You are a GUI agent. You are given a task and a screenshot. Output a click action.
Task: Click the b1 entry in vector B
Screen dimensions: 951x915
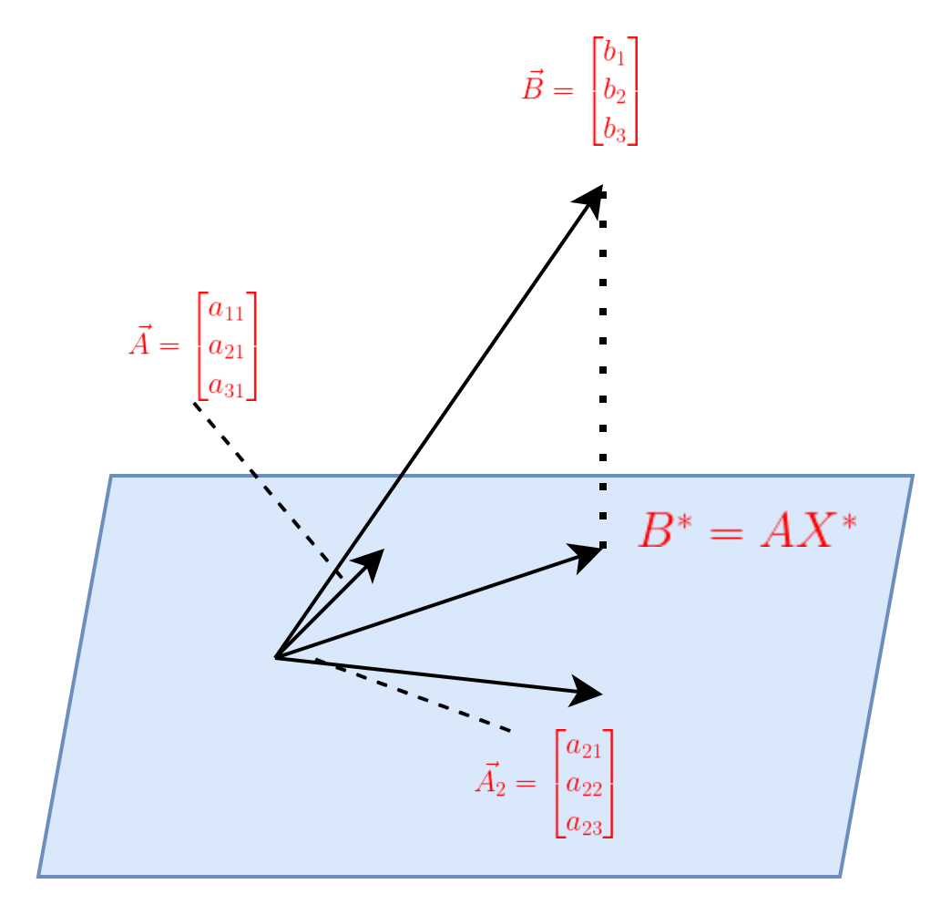614,54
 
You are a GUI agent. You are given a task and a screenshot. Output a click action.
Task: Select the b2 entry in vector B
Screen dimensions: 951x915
614,91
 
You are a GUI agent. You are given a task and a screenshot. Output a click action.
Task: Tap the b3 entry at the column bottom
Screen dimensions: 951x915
614,129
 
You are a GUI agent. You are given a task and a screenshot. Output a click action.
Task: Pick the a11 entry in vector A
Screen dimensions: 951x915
226,310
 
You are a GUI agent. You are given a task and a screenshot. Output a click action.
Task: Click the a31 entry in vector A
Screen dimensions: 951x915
226,386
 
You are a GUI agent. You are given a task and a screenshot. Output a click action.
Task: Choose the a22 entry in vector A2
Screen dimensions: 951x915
584,786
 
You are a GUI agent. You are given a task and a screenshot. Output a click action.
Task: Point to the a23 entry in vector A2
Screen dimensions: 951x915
584,825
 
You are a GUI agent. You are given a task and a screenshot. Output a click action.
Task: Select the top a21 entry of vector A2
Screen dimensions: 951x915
584,747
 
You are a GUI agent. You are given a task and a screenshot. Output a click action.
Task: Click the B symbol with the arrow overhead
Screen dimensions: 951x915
533,86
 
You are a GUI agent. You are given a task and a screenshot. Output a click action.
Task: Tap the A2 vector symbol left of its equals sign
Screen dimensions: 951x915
491,779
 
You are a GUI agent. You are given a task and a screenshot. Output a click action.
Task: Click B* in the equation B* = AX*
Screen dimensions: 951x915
665,529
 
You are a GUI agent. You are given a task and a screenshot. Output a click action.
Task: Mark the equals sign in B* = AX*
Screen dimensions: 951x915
726,533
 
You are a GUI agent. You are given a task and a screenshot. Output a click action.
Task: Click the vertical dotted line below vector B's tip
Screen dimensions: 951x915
603,370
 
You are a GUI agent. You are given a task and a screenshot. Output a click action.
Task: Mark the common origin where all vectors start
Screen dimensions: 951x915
276,657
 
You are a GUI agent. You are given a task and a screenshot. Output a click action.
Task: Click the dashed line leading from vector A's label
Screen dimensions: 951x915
268,489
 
